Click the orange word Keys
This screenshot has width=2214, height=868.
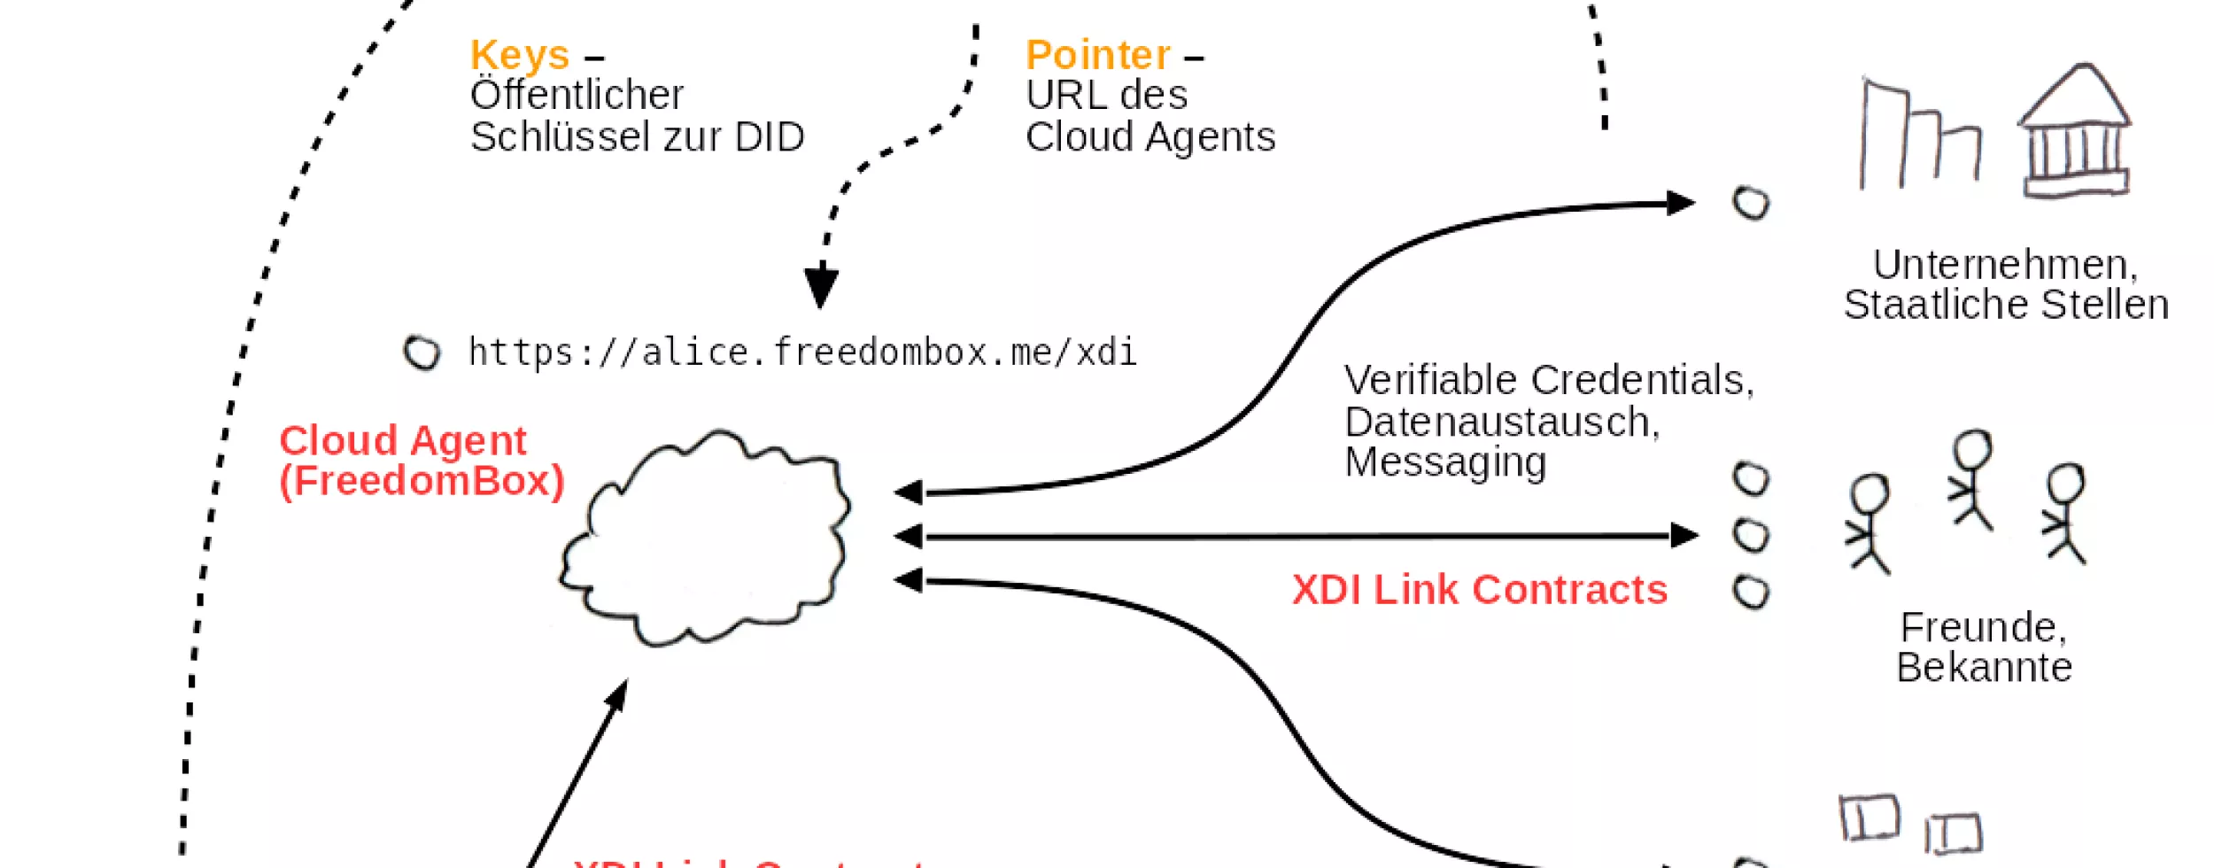520,56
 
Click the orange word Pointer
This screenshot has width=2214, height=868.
1097,56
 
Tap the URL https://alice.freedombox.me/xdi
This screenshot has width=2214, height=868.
801,353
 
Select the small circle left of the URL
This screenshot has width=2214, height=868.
422,353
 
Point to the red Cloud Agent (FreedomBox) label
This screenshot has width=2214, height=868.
421,461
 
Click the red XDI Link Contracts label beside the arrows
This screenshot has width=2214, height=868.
1479,590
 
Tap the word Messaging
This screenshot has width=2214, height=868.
1445,462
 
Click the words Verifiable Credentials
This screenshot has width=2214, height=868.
1547,380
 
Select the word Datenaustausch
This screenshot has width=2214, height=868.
1501,422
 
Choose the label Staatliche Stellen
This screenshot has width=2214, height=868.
2006,305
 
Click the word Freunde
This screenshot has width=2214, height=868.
1983,627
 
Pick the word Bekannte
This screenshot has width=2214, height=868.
1984,667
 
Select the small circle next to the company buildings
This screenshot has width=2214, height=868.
1751,203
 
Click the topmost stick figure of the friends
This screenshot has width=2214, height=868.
1972,479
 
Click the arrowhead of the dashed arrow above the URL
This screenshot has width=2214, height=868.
821,287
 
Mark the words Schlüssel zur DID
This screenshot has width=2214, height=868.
637,137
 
